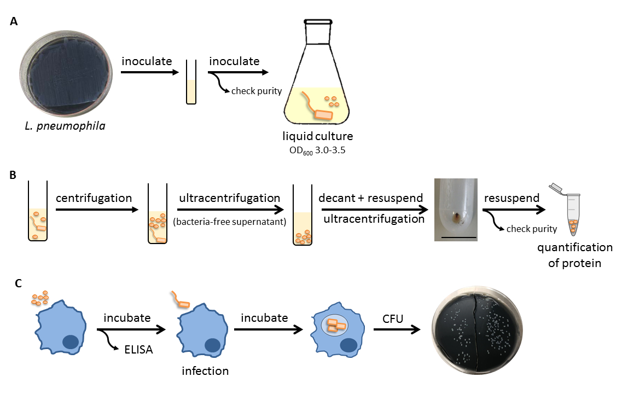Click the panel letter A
[14, 21]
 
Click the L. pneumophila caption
[65, 126]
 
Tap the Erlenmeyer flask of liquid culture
[317, 72]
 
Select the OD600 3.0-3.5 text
[317, 151]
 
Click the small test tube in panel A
[191, 82]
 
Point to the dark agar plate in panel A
[66, 74]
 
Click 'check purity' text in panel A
[257, 91]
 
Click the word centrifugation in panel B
[94, 198]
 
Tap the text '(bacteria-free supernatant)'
[230, 222]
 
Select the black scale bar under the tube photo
[458, 237]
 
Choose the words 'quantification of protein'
[575, 255]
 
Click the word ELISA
[138, 350]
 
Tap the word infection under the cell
[205, 371]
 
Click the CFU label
[393, 319]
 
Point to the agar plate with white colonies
[477, 331]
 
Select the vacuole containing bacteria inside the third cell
[334, 326]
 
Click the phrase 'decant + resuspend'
[370, 198]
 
